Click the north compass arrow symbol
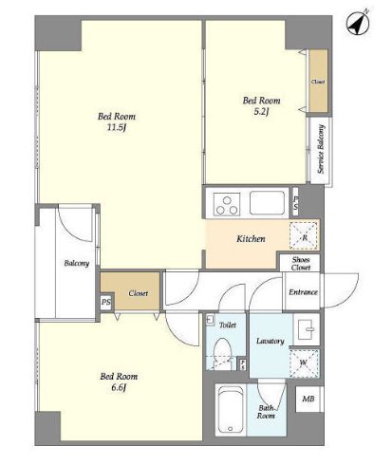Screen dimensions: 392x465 pyautogui.click(x=358, y=23)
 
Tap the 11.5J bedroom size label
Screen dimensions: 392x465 pyautogui.click(x=117, y=127)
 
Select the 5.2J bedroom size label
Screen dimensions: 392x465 pyautogui.click(x=261, y=111)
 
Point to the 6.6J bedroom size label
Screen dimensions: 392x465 pyautogui.click(x=119, y=387)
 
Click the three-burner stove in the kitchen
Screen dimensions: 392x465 pyautogui.click(x=227, y=204)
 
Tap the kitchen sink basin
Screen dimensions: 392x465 pyautogui.click(x=267, y=203)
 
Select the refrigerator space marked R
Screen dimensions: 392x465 pyautogui.click(x=303, y=235)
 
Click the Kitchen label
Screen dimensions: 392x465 pyautogui.click(x=251, y=238)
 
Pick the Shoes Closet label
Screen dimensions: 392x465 pyautogui.click(x=301, y=264)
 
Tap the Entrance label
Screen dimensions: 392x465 pyautogui.click(x=303, y=292)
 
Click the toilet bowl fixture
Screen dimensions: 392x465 pyautogui.click(x=222, y=351)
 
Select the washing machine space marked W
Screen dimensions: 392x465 pyautogui.click(x=304, y=363)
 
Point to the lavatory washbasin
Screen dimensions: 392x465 pyautogui.click(x=307, y=329)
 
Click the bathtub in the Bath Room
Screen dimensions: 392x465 pyautogui.click(x=230, y=410)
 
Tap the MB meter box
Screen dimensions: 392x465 pyautogui.click(x=308, y=399)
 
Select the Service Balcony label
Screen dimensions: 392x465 pyautogui.click(x=321, y=149)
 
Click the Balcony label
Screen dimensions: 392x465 pyautogui.click(x=77, y=263)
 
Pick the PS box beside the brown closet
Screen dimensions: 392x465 pyautogui.click(x=106, y=302)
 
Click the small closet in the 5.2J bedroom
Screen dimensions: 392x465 pyautogui.click(x=318, y=82)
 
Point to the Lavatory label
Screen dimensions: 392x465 pyautogui.click(x=271, y=341)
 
